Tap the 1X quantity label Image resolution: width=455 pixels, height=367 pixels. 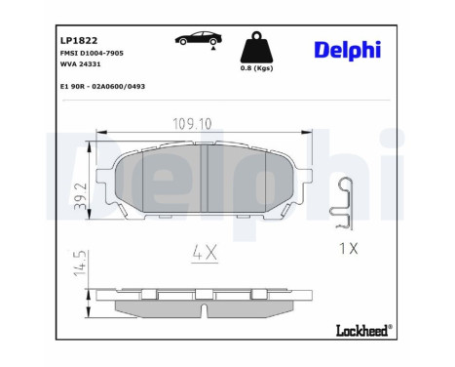point(348,248)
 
